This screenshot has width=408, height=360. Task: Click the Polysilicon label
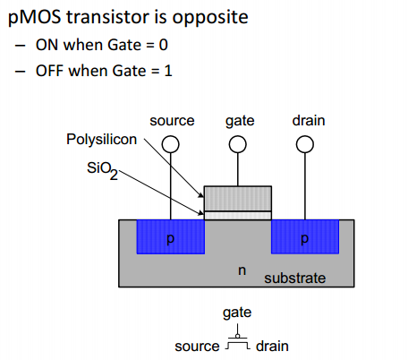tap(101, 140)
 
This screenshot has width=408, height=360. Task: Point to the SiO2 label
tap(102, 170)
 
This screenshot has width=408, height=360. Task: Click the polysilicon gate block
tap(238, 199)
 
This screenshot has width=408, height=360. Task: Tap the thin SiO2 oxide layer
tap(238, 216)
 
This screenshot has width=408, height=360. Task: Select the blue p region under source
tap(171, 236)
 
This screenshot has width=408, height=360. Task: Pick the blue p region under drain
tap(305, 236)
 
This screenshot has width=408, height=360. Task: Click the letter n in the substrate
tap(242, 270)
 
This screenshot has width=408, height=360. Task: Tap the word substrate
tap(294, 279)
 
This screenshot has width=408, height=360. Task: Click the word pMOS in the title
tap(34, 17)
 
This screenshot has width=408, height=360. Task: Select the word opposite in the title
tap(210, 18)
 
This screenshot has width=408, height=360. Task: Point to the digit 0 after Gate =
tap(164, 45)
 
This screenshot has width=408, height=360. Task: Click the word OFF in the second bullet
tap(49, 71)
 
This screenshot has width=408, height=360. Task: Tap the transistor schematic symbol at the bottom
tap(237, 339)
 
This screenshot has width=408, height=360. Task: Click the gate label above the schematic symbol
tap(237, 313)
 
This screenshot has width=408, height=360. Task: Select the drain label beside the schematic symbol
tap(272, 347)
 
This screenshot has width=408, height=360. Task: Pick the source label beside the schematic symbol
tap(197, 347)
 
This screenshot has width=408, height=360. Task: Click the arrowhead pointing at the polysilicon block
tap(201, 195)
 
